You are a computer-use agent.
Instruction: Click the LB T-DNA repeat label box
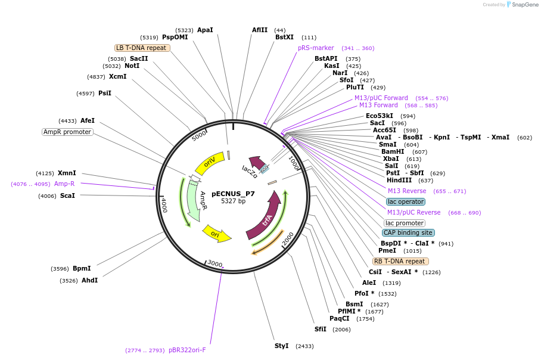pyautogui.click(x=142, y=48)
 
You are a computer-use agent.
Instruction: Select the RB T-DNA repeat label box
pyautogui.click(x=400, y=261)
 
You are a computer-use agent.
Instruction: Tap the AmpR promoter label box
pyautogui.click(x=67, y=132)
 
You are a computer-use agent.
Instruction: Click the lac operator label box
pyautogui.click(x=405, y=201)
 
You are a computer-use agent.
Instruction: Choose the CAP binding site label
pyautogui.click(x=408, y=232)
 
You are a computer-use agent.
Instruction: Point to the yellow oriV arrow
pyautogui.click(x=210, y=163)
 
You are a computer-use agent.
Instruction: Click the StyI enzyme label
pyautogui.click(x=281, y=346)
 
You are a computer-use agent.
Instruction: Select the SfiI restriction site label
pyautogui.click(x=321, y=329)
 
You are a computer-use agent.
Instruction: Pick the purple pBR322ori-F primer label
pyautogui.click(x=187, y=350)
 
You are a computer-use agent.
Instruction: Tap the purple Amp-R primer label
pyautogui.click(x=64, y=184)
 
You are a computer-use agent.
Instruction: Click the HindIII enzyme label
pyautogui.click(x=401, y=180)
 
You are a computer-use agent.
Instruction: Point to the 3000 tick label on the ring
pyautogui.click(x=214, y=264)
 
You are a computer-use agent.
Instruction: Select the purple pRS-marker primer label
pyautogui.click(x=316, y=48)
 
